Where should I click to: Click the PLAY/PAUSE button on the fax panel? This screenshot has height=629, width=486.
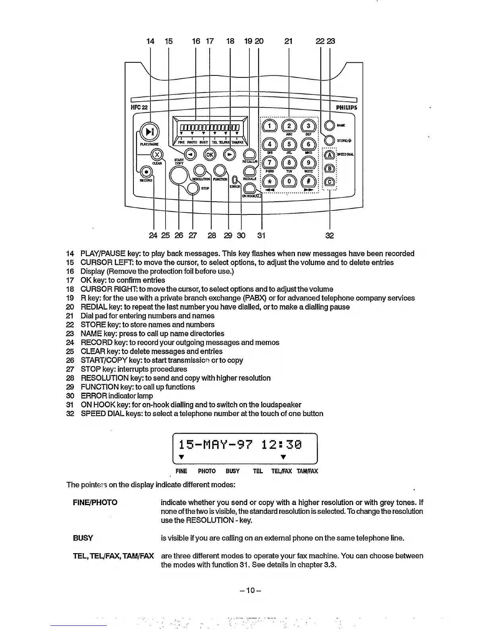(149, 131)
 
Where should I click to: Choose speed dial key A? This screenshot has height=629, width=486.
(330, 154)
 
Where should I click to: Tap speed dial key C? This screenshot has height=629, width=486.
(330, 182)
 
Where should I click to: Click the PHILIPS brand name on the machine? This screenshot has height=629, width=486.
(346, 108)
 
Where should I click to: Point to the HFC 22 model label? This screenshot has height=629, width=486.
(139, 108)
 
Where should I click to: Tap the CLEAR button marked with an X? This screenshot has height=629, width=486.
(157, 154)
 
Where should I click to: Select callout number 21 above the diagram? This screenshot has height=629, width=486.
(289, 41)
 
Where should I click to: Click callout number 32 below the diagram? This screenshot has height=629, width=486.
(330, 235)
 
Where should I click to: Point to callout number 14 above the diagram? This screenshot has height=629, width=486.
(150, 41)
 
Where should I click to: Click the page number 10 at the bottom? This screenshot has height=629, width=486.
(250, 590)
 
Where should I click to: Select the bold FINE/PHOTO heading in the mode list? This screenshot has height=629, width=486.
(95, 503)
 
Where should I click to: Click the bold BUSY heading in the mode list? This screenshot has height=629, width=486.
(83, 538)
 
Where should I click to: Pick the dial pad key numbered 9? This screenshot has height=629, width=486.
(308, 163)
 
